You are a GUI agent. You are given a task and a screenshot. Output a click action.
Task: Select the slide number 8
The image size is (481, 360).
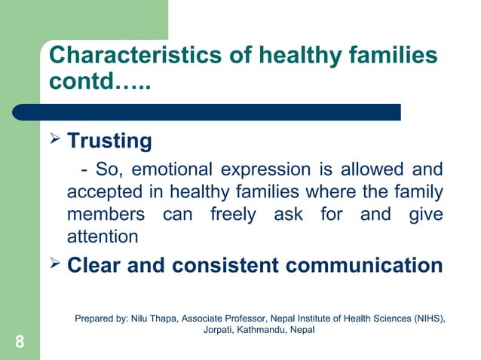pos(19,343)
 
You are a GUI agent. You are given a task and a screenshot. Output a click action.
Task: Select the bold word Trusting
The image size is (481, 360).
pos(110,142)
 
